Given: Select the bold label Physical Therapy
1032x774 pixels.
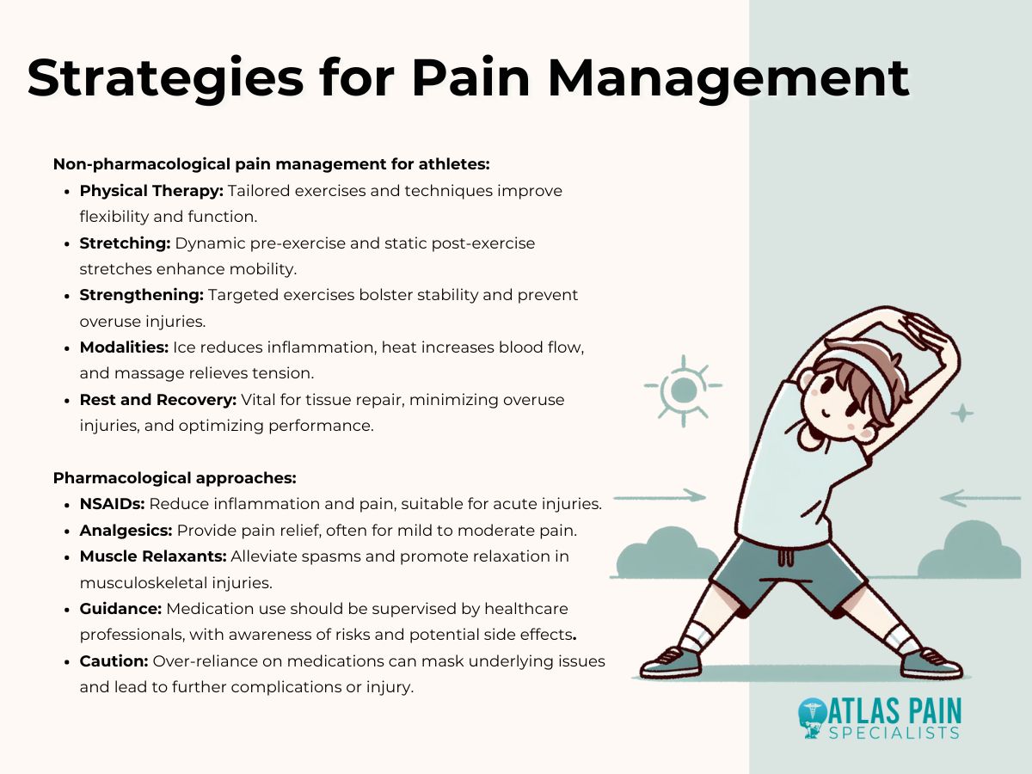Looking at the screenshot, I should click(151, 190).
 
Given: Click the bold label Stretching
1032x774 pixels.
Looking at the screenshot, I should click(125, 243).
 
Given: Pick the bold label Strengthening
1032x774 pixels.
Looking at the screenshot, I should click(141, 295).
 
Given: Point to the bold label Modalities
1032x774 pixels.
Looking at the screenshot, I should click(124, 347).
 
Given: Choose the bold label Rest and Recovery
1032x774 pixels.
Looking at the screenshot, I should click(158, 399).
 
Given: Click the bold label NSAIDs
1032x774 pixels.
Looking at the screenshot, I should click(112, 504).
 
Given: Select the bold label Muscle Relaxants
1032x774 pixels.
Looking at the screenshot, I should click(151, 556).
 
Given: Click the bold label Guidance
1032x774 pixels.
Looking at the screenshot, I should click(120, 608).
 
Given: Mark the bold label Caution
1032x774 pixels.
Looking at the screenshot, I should click(114, 660).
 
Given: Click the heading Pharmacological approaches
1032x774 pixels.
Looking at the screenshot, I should click(175, 477).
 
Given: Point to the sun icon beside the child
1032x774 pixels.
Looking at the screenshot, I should click(683, 390).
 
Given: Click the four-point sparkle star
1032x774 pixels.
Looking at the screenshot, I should click(961, 414).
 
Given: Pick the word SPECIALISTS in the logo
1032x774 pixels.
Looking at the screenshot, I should click(894, 734).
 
